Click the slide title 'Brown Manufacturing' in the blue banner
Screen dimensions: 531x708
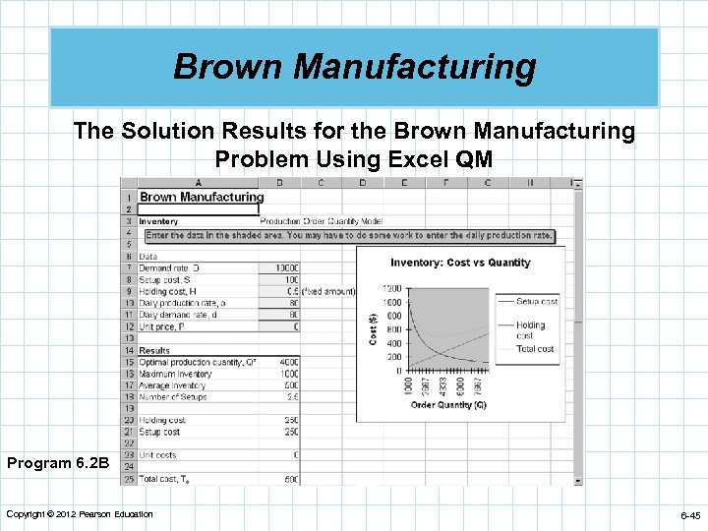[x=354, y=67]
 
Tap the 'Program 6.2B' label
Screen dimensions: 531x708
[x=55, y=462]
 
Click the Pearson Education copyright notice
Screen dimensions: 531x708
[x=79, y=514]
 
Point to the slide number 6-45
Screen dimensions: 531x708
[x=688, y=515]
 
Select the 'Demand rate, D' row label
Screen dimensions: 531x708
[x=170, y=267]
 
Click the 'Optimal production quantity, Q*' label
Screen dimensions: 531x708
[x=197, y=362]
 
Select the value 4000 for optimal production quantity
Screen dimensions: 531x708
[x=287, y=362]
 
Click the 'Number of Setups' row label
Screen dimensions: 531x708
[x=172, y=397]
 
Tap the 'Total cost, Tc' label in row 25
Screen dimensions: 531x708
[x=163, y=479]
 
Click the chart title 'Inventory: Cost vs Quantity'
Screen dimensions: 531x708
[x=459, y=263]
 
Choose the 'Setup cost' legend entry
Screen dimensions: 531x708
[x=537, y=301]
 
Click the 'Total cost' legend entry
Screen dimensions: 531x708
[x=535, y=348]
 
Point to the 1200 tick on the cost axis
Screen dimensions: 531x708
[x=392, y=288]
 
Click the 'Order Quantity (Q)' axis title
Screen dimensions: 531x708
[x=447, y=405]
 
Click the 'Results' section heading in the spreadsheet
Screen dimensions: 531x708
[x=154, y=350]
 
